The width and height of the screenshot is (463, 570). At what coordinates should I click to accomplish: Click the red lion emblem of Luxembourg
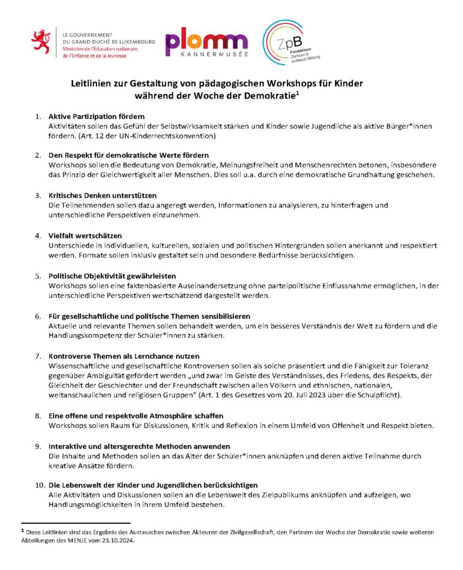click(x=42, y=44)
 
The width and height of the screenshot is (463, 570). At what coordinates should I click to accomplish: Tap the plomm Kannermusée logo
click(x=206, y=44)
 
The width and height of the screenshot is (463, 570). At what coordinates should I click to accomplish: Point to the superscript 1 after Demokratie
click(x=298, y=92)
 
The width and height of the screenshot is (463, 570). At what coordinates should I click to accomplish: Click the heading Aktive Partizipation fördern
click(x=96, y=117)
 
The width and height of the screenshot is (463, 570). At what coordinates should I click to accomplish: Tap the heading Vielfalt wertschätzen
click(x=85, y=235)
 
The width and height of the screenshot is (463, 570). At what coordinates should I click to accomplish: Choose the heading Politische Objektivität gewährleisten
click(x=112, y=276)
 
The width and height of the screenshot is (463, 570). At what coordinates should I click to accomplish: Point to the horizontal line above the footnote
click(x=75, y=523)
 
